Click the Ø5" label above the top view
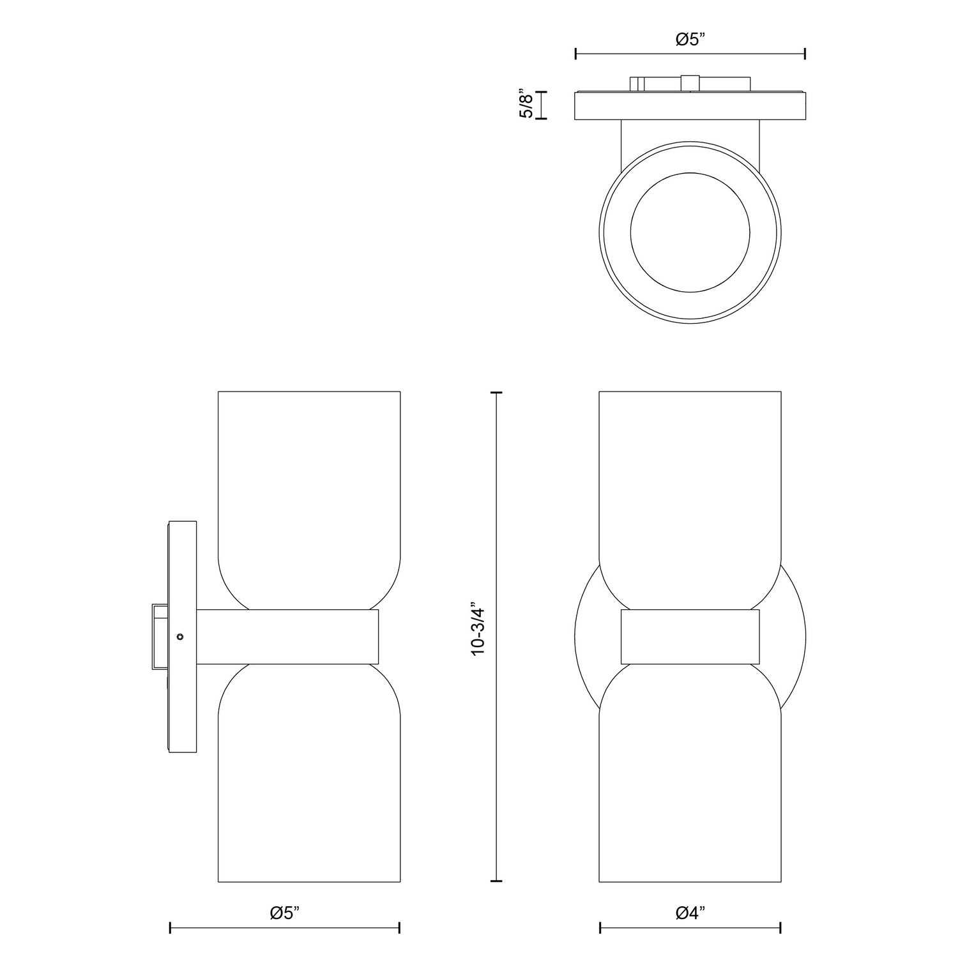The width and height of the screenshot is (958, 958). tap(690, 40)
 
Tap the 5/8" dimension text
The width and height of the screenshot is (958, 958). tap(526, 105)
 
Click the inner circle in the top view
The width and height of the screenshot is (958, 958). tap(690, 232)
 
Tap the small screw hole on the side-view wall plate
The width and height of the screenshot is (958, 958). tap(180, 636)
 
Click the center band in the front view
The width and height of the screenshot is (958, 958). tap(690, 637)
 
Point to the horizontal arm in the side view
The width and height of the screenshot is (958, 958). tap(287, 637)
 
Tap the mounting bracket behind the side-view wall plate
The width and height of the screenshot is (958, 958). tap(158, 636)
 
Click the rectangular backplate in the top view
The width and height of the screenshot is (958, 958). tap(690, 106)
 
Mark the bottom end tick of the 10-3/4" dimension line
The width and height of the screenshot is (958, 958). tap(496, 881)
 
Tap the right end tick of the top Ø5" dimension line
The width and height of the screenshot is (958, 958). tap(805, 54)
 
